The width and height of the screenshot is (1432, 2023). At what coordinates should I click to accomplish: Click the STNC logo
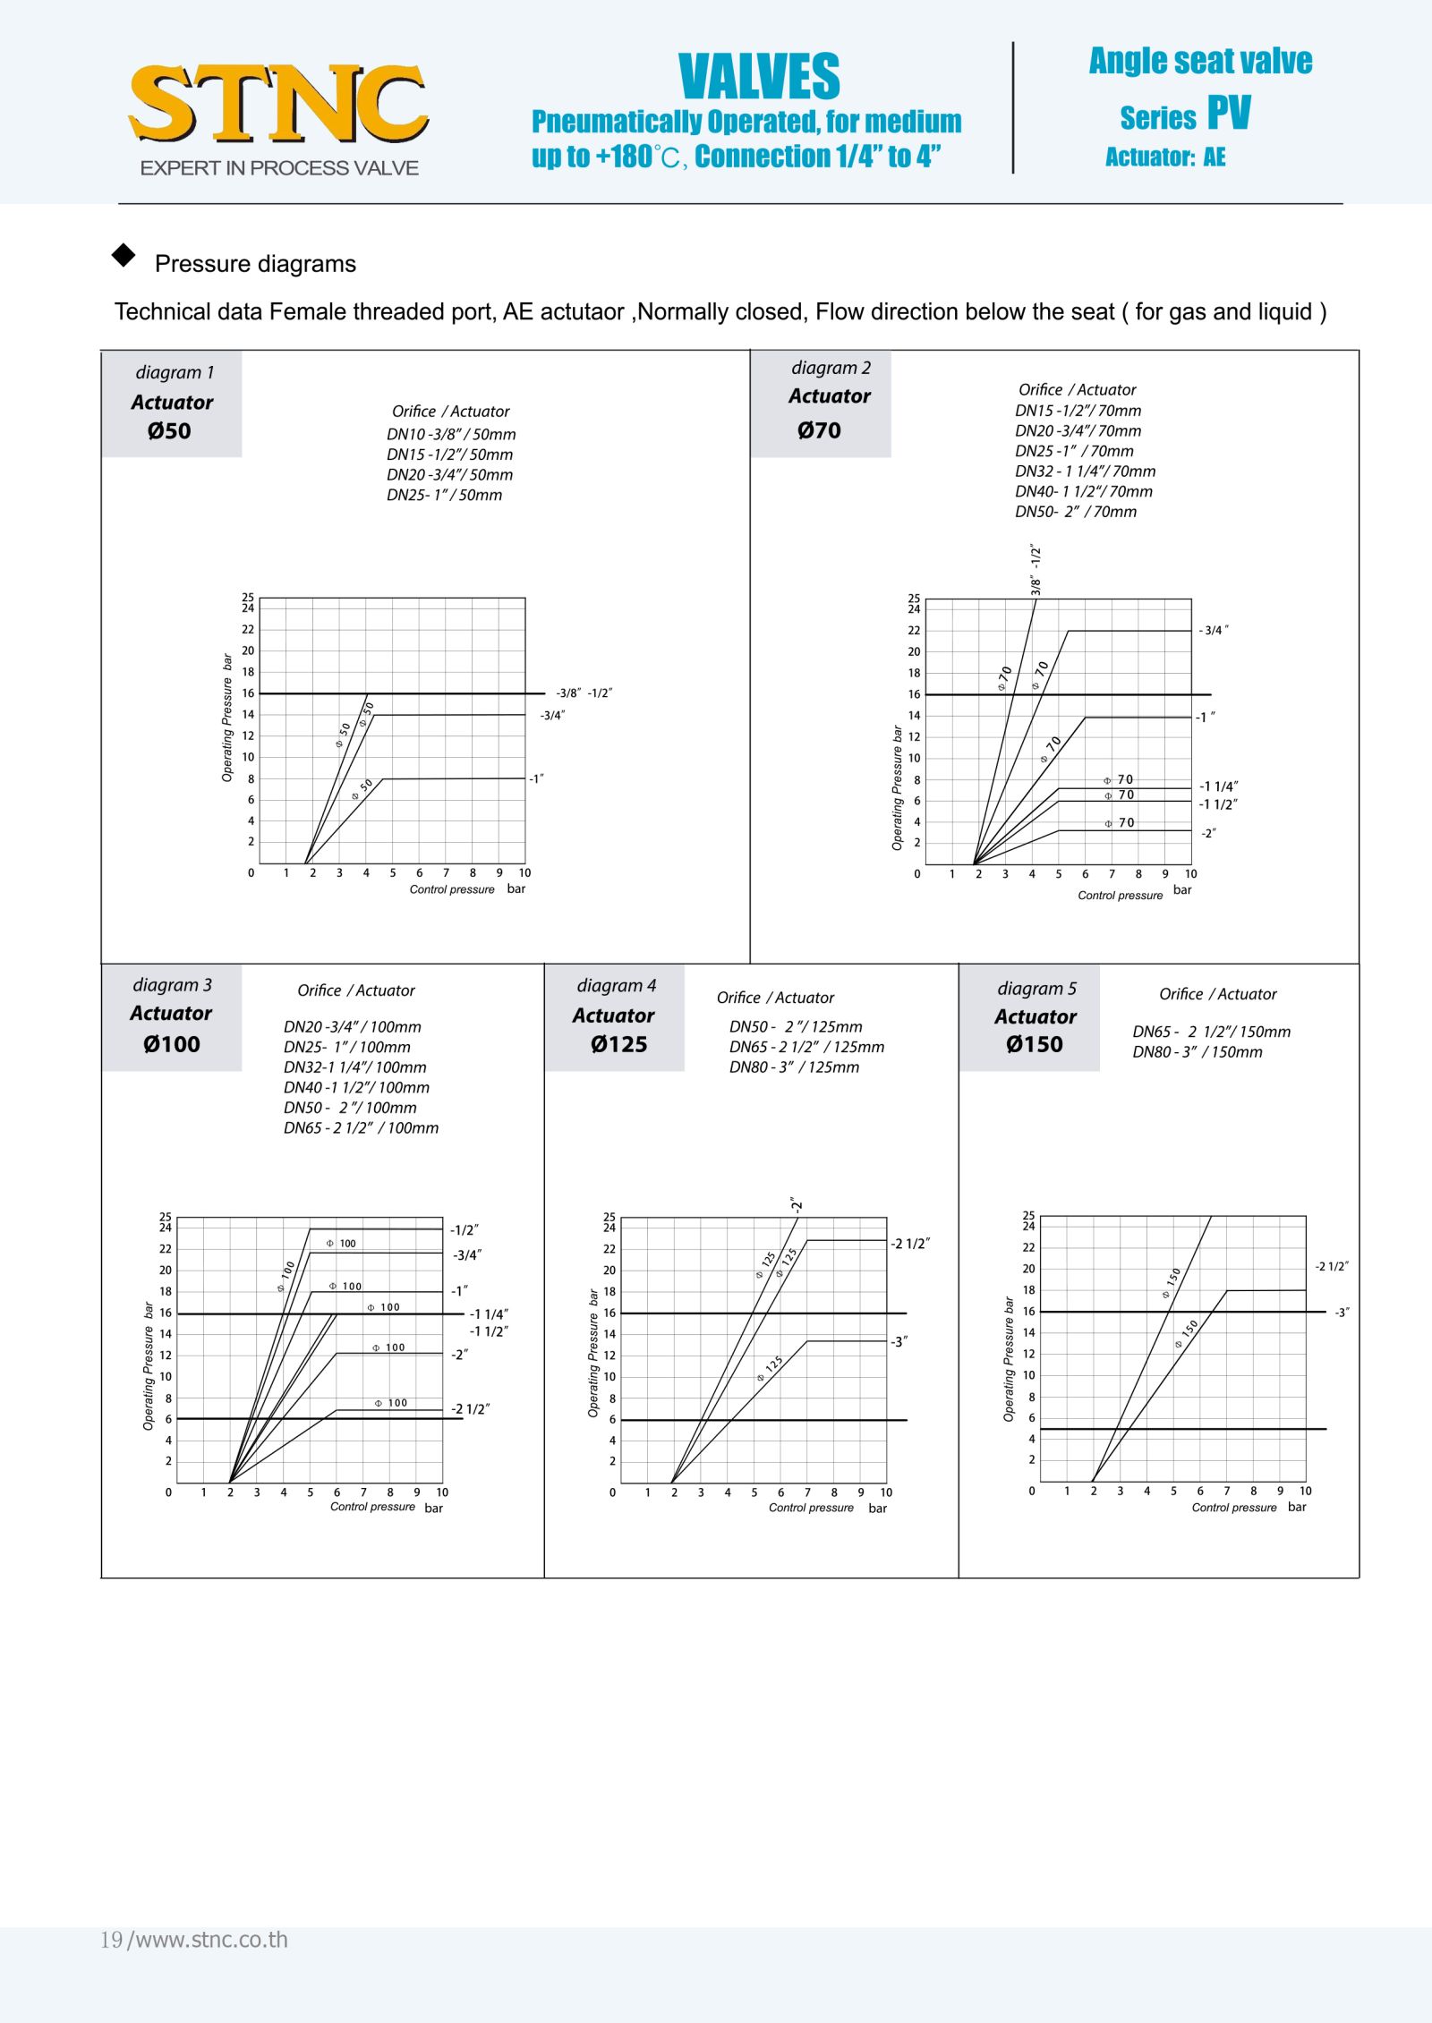(x=278, y=104)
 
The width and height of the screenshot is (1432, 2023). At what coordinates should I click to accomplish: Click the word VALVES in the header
(x=759, y=77)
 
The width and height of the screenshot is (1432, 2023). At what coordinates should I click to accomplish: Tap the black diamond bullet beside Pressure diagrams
(x=124, y=256)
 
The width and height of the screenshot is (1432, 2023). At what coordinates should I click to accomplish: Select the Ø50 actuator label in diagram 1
(x=169, y=431)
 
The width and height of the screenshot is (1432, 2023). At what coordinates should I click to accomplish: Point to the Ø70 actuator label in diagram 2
(x=819, y=430)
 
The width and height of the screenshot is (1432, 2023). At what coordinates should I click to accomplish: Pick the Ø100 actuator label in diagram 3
(x=172, y=1044)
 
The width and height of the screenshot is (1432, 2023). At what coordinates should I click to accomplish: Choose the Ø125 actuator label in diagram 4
(x=618, y=1044)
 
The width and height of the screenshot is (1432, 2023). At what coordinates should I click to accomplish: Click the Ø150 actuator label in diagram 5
(x=1034, y=1044)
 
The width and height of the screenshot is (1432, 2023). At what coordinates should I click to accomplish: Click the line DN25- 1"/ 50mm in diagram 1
(x=444, y=495)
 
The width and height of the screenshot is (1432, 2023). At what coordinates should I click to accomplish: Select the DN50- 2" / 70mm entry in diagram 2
(x=1076, y=512)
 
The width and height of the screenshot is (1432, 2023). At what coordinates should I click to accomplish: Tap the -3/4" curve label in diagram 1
(x=552, y=715)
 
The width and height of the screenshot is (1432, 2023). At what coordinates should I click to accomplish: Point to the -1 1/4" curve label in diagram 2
(x=1218, y=786)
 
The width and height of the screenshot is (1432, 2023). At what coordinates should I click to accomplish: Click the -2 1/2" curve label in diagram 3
(x=470, y=1409)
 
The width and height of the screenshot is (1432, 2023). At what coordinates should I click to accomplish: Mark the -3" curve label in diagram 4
(x=899, y=1342)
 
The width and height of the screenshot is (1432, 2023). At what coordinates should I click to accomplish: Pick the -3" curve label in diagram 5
(x=1342, y=1313)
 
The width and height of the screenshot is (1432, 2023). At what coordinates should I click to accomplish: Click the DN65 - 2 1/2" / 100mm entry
(x=361, y=1128)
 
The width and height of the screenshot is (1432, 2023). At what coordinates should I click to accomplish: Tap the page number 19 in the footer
(x=111, y=1940)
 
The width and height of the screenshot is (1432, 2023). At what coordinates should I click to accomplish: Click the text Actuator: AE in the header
(x=1165, y=157)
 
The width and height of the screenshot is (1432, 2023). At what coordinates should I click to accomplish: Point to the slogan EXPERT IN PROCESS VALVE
(x=279, y=168)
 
